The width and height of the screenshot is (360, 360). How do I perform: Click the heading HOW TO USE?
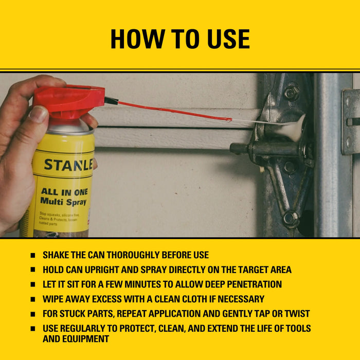(180, 39)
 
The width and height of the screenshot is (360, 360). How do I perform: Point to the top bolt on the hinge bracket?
(292, 93)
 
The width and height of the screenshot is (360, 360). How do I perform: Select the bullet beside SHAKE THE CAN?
(33, 255)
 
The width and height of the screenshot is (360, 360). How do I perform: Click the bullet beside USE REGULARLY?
(33, 329)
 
